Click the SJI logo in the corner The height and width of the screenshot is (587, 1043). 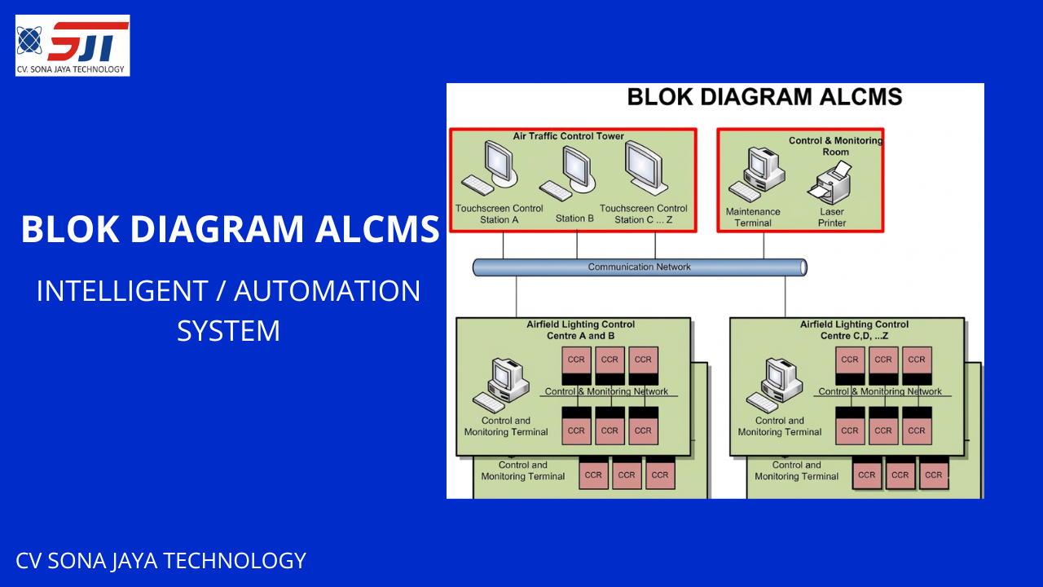(73, 45)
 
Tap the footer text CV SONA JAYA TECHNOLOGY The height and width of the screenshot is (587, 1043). (161, 561)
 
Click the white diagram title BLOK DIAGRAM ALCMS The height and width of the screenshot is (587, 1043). (230, 229)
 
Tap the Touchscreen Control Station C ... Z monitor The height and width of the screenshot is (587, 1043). (644, 168)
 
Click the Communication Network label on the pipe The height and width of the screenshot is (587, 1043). (639, 267)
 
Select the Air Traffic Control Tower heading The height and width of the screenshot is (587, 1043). (568, 136)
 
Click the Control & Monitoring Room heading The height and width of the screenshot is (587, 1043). (835, 146)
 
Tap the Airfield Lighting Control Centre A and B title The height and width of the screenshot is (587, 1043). (580, 330)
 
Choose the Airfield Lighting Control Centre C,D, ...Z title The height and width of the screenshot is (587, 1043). (854, 330)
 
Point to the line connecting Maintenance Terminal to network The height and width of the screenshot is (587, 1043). (764, 245)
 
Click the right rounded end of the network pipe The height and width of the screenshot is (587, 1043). (803, 267)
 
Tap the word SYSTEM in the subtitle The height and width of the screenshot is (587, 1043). (228, 331)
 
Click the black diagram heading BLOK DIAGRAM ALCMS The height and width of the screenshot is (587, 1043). (764, 97)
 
